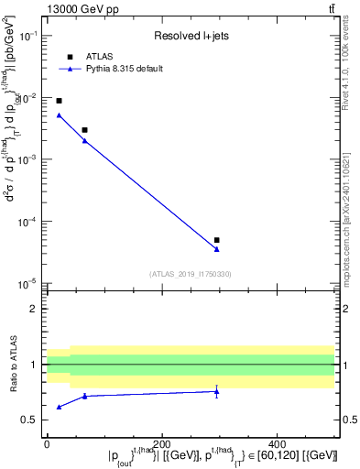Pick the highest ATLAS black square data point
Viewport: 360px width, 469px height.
coord(59,101)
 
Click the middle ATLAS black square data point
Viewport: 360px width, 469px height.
coord(84,130)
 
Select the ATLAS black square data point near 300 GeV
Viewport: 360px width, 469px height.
coord(216,240)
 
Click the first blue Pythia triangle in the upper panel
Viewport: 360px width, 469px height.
coord(59,115)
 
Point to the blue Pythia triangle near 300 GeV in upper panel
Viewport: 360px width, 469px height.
coord(216,249)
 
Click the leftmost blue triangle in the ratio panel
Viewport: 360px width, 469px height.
coord(59,407)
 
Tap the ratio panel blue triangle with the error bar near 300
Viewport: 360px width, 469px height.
coord(216,391)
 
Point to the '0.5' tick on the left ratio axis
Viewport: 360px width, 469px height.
coord(32,420)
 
